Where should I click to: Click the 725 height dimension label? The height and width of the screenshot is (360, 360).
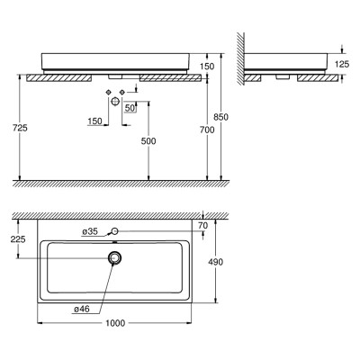click(x=20, y=128)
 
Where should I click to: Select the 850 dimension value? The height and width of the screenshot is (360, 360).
click(x=220, y=117)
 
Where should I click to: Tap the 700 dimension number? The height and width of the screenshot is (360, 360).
click(x=207, y=130)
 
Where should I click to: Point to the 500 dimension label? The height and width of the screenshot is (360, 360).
click(x=148, y=141)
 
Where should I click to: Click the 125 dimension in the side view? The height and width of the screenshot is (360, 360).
click(x=342, y=64)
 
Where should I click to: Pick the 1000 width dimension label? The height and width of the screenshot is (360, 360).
click(x=115, y=323)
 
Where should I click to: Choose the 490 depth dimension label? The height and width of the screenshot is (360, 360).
click(x=216, y=262)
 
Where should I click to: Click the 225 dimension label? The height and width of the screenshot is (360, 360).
click(x=18, y=239)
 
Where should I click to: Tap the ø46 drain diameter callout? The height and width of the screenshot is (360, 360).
click(x=82, y=309)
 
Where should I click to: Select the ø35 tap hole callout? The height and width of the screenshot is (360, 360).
click(x=90, y=231)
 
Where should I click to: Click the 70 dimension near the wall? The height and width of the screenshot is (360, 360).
click(x=203, y=226)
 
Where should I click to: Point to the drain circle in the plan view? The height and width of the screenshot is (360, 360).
click(x=115, y=257)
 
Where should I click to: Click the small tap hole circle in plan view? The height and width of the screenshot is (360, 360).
click(x=115, y=230)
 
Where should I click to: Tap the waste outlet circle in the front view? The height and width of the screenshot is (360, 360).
click(x=115, y=101)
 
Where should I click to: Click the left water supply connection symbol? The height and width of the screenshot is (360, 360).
click(x=108, y=92)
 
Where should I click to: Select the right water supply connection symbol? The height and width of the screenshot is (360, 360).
click(x=122, y=92)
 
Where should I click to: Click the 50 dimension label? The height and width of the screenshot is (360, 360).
click(x=130, y=108)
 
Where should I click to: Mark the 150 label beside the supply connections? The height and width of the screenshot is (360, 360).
click(x=94, y=121)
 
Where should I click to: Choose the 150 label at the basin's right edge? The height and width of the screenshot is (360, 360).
click(x=207, y=66)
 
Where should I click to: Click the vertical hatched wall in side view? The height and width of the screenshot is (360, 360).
click(x=240, y=58)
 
